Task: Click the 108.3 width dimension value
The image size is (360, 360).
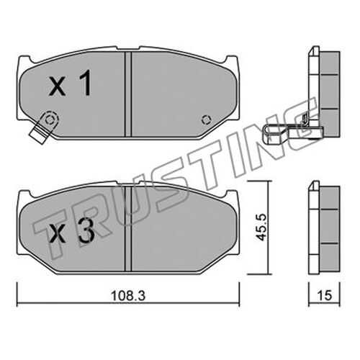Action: point(128,296)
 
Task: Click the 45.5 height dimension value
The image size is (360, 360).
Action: point(261,227)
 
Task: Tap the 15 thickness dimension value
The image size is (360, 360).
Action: point(325,295)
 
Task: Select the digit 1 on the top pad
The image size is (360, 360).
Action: point(86,83)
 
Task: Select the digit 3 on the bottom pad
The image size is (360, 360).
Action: point(86,230)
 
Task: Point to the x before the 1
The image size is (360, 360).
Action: point(58,87)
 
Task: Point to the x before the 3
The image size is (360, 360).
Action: point(58,234)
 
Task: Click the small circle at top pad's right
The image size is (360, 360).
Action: point(206,120)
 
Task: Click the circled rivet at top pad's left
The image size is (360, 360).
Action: point(50,120)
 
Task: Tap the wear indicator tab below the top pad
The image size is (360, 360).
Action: point(38,135)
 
